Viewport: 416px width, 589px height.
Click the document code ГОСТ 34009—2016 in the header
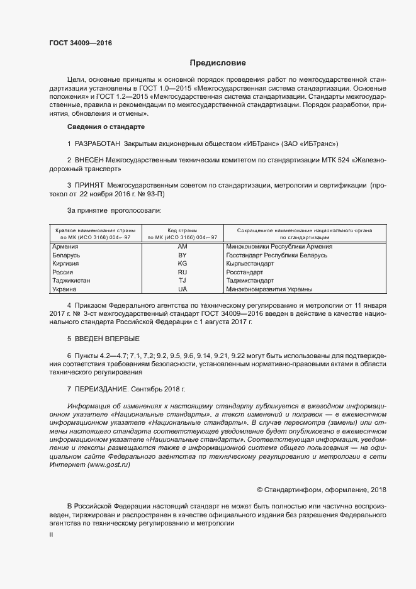click(x=81, y=43)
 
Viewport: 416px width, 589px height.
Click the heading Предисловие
click(x=218, y=63)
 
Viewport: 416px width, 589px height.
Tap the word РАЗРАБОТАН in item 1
click(x=98, y=144)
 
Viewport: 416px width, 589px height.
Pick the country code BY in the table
click(x=183, y=255)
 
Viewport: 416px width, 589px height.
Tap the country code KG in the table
click(x=183, y=264)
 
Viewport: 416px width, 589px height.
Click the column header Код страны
click(x=183, y=230)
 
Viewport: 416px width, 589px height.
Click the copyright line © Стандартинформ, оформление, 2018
click(x=322, y=490)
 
